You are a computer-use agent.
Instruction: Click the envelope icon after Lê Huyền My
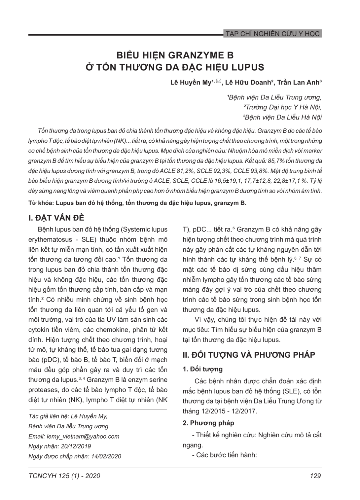(218, 81)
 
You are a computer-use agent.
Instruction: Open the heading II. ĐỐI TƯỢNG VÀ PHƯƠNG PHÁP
(249, 355)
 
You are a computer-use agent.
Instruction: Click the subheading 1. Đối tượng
(202, 369)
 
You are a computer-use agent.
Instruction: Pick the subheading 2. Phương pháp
(208, 423)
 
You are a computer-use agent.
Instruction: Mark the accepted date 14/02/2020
(105, 456)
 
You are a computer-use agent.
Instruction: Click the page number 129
(315, 476)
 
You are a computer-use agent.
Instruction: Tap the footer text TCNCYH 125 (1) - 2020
(64, 476)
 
